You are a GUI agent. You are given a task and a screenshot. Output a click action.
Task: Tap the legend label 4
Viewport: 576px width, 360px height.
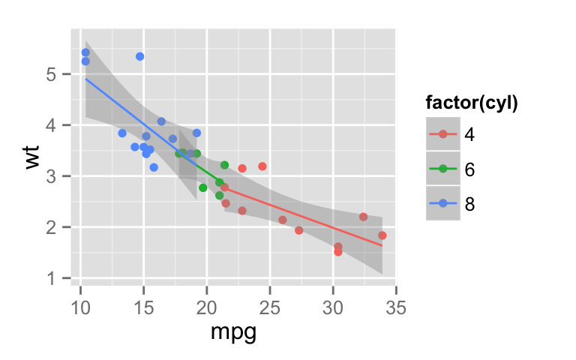pyautogui.click(x=469, y=134)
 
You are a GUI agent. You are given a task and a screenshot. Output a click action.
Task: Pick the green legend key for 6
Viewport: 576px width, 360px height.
pyautogui.click(x=443, y=169)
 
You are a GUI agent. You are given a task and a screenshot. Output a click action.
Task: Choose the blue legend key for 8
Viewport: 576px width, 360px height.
pyautogui.click(x=443, y=203)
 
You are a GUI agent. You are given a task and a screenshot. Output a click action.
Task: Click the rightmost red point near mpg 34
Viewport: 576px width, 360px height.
pyautogui.click(x=382, y=235)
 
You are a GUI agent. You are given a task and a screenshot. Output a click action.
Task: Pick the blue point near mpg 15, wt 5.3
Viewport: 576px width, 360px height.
pyautogui.click(x=139, y=56)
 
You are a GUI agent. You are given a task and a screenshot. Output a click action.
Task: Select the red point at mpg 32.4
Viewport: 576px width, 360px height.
pyautogui.click(x=363, y=217)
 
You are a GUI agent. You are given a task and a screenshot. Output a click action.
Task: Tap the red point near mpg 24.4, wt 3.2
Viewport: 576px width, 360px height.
pyautogui.click(x=262, y=166)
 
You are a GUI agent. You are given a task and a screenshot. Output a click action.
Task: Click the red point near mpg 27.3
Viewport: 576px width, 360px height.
pyautogui.click(x=298, y=230)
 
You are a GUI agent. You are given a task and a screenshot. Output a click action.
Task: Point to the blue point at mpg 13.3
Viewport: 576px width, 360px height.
pyautogui.click(x=122, y=133)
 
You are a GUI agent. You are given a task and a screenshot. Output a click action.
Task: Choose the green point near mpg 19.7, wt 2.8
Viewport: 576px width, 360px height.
pyautogui.click(x=202, y=187)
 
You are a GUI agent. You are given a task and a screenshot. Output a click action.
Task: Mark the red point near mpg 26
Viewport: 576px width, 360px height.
pyautogui.click(x=283, y=220)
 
